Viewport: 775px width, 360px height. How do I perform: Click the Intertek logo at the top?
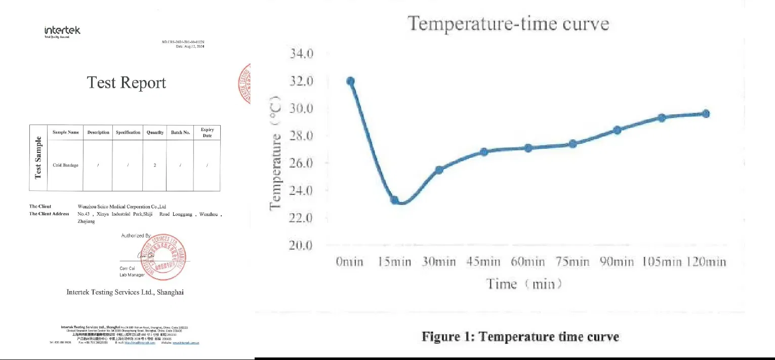click(x=62, y=31)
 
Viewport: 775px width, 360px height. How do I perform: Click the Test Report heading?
click(x=127, y=83)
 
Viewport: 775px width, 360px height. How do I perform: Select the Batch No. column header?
click(x=180, y=133)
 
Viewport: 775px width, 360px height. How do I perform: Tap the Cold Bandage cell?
click(x=65, y=165)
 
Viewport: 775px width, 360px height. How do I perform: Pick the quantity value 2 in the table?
click(x=155, y=165)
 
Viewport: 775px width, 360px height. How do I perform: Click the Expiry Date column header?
click(x=207, y=133)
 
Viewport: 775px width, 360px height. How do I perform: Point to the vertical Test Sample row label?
click(x=38, y=158)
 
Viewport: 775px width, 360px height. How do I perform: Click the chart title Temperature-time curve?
click(x=508, y=24)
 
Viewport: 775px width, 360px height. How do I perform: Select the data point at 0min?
click(x=350, y=81)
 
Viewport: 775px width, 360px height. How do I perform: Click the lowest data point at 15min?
click(x=395, y=200)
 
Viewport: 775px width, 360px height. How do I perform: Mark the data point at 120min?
click(x=706, y=113)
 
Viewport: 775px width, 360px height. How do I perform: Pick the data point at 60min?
click(x=528, y=148)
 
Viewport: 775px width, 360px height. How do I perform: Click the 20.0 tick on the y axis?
click(x=302, y=246)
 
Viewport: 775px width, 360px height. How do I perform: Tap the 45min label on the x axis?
click(x=483, y=262)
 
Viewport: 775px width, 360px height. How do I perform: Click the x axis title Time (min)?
click(x=524, y=284)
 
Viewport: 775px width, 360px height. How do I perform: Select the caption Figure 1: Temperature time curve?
click(x=520, y=337)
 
